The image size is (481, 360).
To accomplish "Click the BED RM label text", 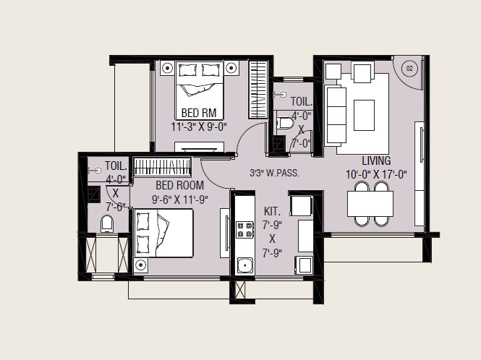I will coord(199,113).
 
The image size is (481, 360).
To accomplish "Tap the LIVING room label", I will coord(376,160).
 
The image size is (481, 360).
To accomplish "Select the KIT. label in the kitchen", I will coord(272,212).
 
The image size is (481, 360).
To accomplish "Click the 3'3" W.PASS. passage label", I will coord(274,173).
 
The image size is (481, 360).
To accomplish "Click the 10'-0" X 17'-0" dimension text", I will coord(377,173).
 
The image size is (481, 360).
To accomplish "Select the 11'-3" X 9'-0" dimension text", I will coord(199,126).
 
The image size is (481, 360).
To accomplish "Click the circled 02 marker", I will coord(409,69).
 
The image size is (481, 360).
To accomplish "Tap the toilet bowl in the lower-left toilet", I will coord(107,225).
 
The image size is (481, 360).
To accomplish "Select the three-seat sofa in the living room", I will coord(334,116).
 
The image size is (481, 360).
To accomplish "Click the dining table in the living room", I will coord(370,204).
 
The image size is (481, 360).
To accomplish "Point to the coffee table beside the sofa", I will coord(364,115).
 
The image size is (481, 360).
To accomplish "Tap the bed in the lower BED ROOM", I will coord(164,232).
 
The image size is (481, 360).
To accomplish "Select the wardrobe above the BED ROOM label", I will coord(162,168).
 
